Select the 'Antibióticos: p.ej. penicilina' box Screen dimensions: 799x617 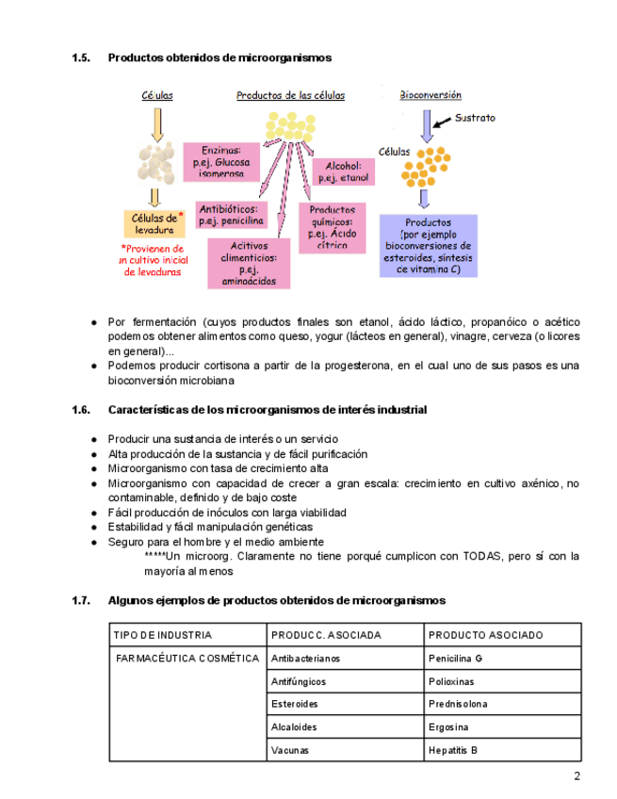tap(230, 216)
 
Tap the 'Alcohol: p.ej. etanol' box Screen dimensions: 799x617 tap(343, 171)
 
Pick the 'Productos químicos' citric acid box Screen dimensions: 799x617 tap(332, 227)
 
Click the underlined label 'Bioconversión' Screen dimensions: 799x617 tap(430, 95)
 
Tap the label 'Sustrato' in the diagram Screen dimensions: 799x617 tap(475, 119)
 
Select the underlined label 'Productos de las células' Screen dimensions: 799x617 tap(290, 95)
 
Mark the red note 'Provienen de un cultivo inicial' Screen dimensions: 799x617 tap(153, 260)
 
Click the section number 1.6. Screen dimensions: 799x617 tap(80, 411)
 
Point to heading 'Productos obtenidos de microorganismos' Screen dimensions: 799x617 tap(219, 57)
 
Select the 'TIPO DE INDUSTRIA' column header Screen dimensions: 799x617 tap(163, 635)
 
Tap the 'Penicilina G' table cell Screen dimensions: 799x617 tap(455, 659)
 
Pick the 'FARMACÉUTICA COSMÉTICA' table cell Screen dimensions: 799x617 tap(187, 659)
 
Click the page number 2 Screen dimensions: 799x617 tap(576, 776)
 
